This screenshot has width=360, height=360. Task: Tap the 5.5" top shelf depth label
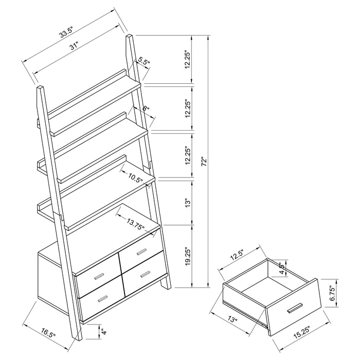(x=143, y=63)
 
